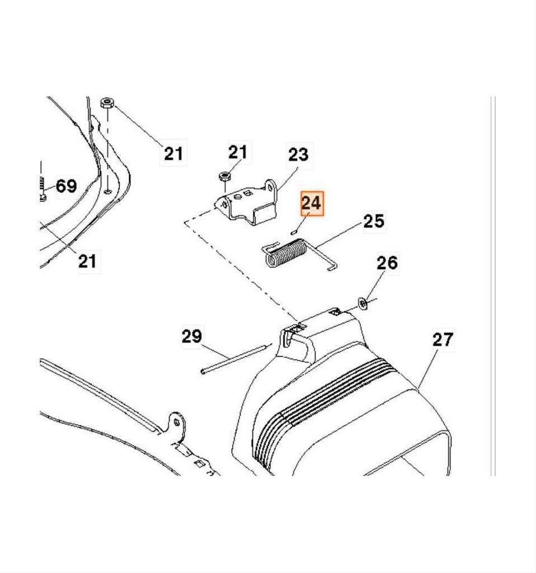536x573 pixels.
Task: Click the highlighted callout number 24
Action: point(312,204)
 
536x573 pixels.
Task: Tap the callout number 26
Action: point(387,262)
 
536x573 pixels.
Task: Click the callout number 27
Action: point(443,340)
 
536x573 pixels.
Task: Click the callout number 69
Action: point(66,186)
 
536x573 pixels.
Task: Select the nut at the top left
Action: point(107,103)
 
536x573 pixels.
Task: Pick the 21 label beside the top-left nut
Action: point(173,153)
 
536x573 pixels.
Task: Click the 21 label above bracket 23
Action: point(237,152)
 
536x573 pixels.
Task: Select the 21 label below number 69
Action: point(87,261)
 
